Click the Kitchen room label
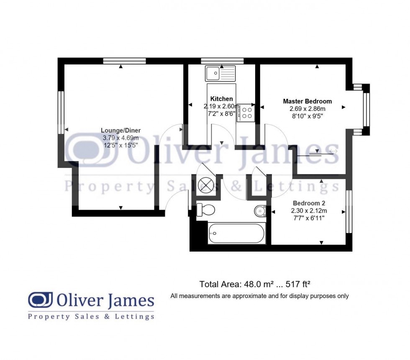221,99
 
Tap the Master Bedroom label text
307,101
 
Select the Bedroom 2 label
309,203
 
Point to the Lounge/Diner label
120,130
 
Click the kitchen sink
220,73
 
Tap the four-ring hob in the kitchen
246,113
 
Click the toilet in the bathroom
205,210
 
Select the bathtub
237,234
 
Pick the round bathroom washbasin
260,211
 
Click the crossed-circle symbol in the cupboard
206,185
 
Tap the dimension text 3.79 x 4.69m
120,138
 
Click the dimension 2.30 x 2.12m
309,211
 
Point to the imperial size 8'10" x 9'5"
307,116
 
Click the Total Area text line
255,284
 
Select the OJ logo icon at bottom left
41,300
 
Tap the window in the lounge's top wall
125,61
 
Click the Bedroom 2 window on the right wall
349,211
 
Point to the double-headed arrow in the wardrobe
333,151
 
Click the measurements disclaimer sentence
259,296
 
